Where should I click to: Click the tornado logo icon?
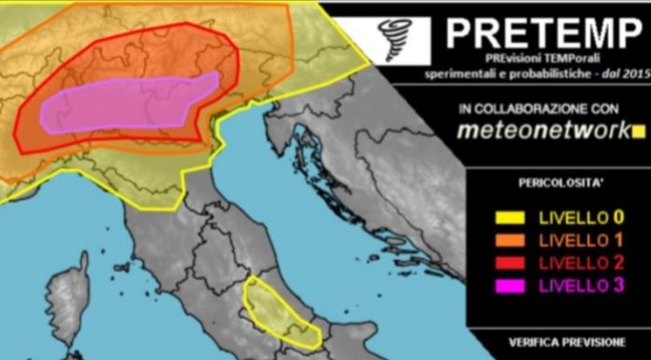pyautogui.click(x=396, y=38)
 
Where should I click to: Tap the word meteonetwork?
pyautogui.click(x=543, y=132)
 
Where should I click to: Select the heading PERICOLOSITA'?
pyautogui.click(x=558, y=183)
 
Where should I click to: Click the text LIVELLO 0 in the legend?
pyautogui.click(x=581, y=220)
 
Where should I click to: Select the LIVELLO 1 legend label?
pyautogui.click(x=581, y=242)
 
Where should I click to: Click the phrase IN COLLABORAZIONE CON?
pyautogui.click(x=544, y=108)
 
